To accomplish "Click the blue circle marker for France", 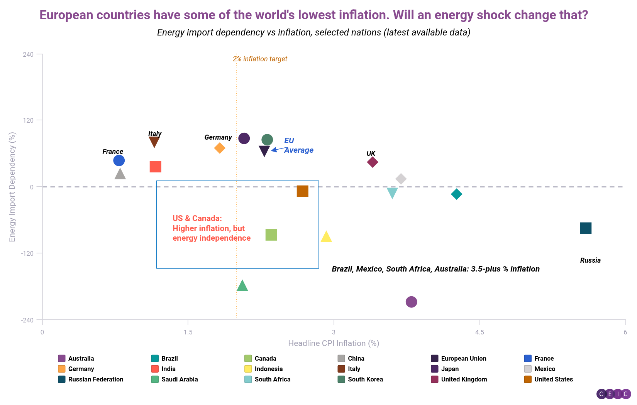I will coord(119,160).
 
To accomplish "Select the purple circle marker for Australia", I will coord(412,302).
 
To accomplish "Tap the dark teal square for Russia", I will coord(586,228).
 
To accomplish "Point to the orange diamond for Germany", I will coord(220,148).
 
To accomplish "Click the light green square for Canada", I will coord(271,235).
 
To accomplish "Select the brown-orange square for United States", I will coord(303,191).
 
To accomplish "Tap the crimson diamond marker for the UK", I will coord(372,162).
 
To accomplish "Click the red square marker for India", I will coord(156,167).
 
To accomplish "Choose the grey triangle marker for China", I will coord(120,174).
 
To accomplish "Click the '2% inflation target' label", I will coord(260,59).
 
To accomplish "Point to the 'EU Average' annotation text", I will coord(298,145).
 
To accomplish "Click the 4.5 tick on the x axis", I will coord(479,332).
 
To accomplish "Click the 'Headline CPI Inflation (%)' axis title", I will coord(334,343).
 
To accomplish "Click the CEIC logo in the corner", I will coord(613,394).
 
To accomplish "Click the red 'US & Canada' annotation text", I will coord(211,228).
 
